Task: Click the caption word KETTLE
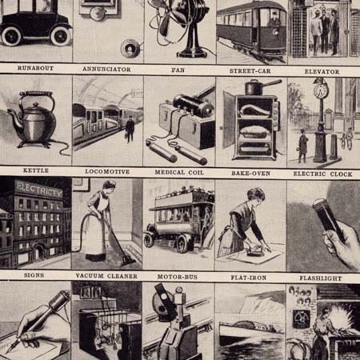(34, 171)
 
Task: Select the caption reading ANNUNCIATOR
(107, 70)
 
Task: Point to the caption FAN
(178, 70)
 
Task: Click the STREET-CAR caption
(250, 70)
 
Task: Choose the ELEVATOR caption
(322, 70)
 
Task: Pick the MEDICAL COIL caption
(178, 171)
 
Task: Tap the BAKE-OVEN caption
(250, 171)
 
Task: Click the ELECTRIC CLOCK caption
(322, 172)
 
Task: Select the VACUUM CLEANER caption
(107, 276)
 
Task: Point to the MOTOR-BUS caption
(178, 276)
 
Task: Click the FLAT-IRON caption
(250, 277)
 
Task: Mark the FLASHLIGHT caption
(322, 278)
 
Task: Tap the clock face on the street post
(321, 90)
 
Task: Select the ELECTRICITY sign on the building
(38, 193)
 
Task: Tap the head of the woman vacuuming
(109, 186)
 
